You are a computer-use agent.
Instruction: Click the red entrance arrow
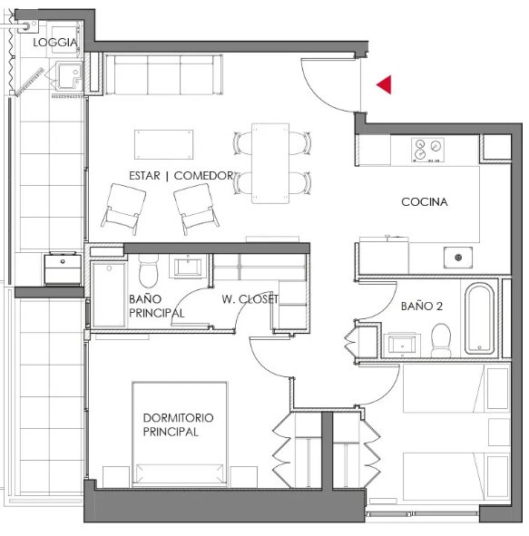(386, 84)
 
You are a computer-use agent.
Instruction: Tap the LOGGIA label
(55, 43)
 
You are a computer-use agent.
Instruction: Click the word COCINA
(425, 201)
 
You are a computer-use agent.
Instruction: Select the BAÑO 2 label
(422, 306)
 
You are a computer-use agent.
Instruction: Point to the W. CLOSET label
(250, 299)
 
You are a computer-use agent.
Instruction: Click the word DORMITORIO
(178, 418)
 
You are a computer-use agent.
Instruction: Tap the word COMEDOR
(203, 176)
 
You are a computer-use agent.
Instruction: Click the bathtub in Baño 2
(479, 318)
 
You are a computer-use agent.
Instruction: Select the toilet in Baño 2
(441, 340)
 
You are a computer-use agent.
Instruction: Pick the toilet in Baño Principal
(149, 270)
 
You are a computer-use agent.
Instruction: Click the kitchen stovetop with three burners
(427, 150)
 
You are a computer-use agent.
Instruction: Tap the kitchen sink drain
(458, 258)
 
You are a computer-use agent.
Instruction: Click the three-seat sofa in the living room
(164, 74)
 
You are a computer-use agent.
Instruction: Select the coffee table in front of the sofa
(164, 144)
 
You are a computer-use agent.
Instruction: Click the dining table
(270, 163)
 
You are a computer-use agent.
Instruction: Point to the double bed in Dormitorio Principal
(180, 434)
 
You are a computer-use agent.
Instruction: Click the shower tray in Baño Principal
(109, 295)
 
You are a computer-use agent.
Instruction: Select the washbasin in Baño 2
(403, 345)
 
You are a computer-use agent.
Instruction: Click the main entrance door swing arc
(317, 96)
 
